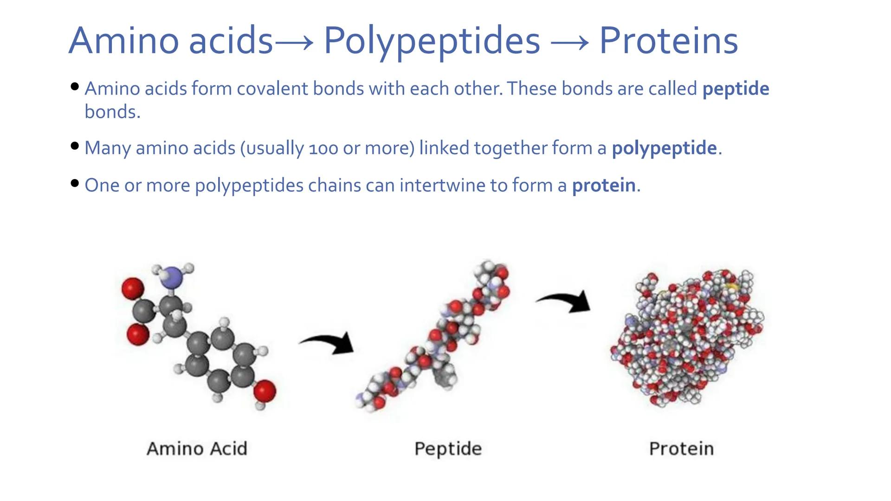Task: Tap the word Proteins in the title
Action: pos(668,41)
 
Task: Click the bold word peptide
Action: pos(736,89)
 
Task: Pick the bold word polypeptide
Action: pos(664,148)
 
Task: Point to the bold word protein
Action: pos(604,185)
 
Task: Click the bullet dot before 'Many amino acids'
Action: pos(75,146)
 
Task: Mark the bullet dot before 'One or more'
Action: pos(75,183)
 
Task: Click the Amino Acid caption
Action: pos(197,449)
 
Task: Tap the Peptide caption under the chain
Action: pos(448,449)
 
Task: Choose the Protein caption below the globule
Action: pos(681,449)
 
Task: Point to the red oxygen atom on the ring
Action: pos(265,391)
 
